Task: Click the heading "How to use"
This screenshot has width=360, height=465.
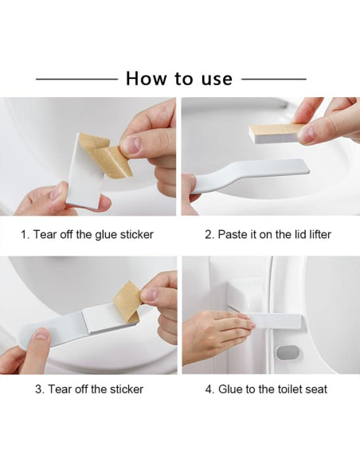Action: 179,79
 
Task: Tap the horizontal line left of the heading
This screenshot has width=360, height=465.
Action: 76,79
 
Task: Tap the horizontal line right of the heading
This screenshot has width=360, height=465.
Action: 274,79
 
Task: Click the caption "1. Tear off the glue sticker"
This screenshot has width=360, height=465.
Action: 87,234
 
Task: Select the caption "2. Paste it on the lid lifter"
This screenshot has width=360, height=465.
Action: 268,234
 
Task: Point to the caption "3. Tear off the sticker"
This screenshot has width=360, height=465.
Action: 89,389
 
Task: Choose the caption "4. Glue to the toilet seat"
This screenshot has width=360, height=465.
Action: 266,389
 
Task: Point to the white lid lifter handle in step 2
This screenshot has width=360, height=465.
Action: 249,175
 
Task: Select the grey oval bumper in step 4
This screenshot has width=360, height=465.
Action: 288,353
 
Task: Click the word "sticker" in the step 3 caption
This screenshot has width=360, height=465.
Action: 127,389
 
